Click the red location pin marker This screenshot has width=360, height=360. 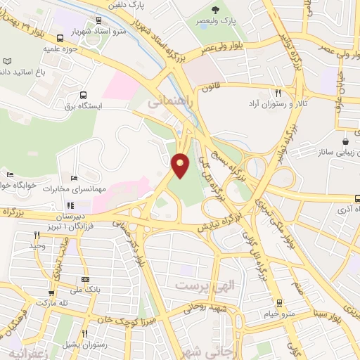(181, 165)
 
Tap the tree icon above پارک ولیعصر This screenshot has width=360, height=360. (216, 10)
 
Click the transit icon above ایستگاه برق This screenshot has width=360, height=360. (84, 95)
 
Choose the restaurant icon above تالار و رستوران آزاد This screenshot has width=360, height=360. (278, 93)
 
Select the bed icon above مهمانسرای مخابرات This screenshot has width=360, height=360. (75, 178)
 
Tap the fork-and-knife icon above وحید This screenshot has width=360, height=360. (37, 235)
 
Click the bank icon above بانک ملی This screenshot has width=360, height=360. (85, 279)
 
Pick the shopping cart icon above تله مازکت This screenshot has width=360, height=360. (51, 293)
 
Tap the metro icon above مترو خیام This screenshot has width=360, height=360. (280, 302)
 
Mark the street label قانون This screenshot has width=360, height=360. (212, 89)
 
